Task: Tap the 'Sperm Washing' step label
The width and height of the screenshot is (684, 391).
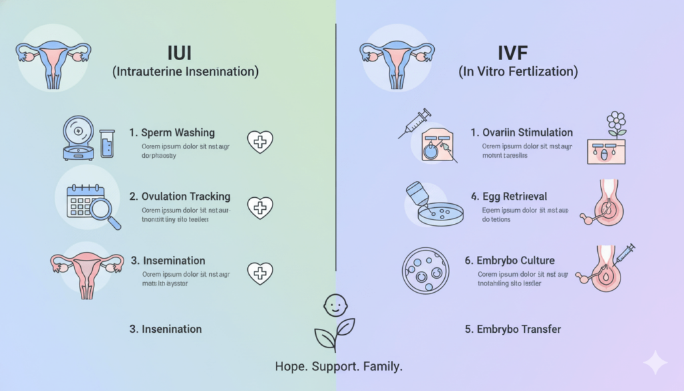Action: [x=178, y=133]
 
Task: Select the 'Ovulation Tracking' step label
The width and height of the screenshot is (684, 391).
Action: [x=180, y=197]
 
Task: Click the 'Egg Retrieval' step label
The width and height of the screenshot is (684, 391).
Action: [x=508, y=197]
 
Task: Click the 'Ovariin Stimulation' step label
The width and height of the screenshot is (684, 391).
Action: [x=522, y=133]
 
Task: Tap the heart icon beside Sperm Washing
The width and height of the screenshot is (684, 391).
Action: [x=260, y=142]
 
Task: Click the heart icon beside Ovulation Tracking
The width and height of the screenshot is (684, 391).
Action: [x=260, y=207]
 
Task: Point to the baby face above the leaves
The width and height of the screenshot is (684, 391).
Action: [x=335, y=305]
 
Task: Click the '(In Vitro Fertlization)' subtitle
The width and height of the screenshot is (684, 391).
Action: [x=518, y=71]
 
